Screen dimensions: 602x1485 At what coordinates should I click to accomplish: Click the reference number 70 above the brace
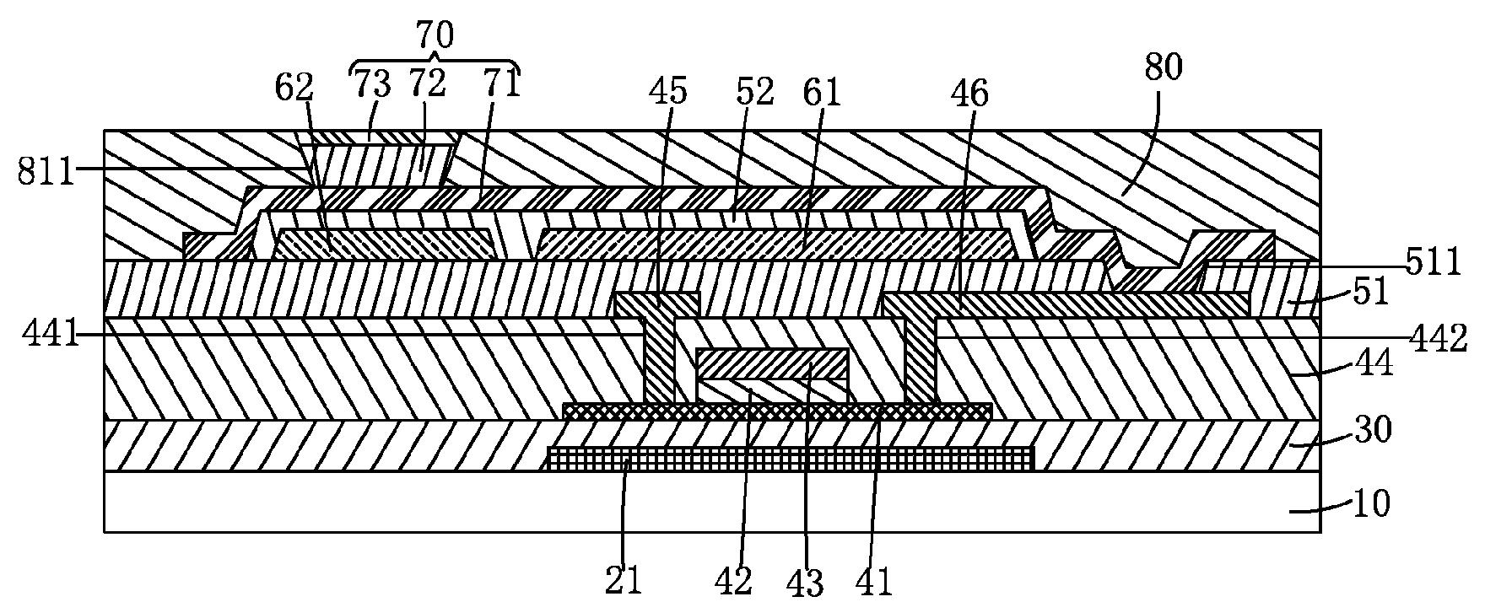pyautogui.click(x=435, y=35)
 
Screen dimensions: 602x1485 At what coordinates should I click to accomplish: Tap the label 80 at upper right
pyautogui.click(x=1164, y=67)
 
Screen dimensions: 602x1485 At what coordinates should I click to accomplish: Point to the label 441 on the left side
pyautogui.click(x=41, y=336)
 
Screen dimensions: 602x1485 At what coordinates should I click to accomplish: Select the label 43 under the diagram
pyautogui.click(x=806, y=583)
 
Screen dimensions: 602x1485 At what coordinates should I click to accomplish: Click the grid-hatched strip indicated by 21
pyautogui.click(x=790, y=459)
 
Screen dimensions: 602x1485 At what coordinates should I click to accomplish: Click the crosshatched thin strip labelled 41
pyautogui.click(x=776, y=411)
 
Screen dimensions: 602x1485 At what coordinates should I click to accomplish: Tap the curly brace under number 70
pyautogui.click(x=435, y=63)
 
